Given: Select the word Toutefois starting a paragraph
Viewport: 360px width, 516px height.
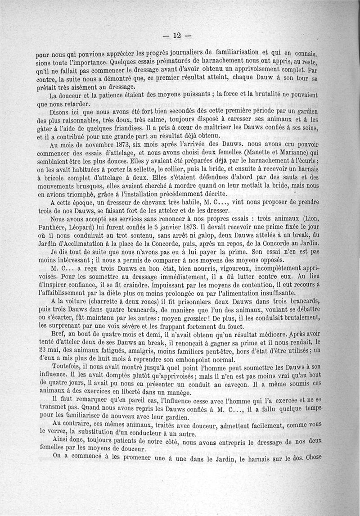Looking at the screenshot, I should pyautogui.click(x=67, y=368).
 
